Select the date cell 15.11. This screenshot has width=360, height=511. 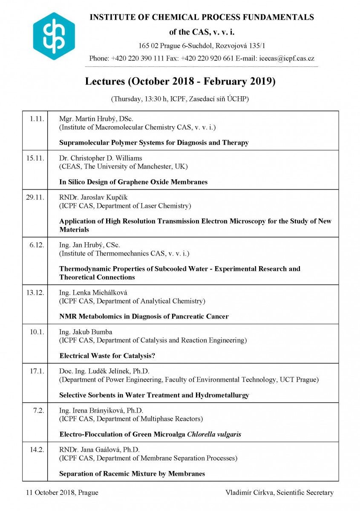35,158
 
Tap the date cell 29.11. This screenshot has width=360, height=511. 35,197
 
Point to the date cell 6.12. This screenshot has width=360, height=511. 37,245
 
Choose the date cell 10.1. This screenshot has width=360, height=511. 37,332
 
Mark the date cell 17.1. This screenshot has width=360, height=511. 37,371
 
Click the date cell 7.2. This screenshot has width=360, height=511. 39,410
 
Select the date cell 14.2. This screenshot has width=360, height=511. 37,449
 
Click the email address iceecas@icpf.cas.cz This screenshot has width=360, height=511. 287,59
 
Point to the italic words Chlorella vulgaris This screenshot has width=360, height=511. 214,434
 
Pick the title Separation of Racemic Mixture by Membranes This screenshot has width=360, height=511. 132,474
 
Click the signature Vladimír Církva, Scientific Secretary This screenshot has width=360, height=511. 279,493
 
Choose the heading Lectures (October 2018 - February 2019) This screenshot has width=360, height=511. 180,81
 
